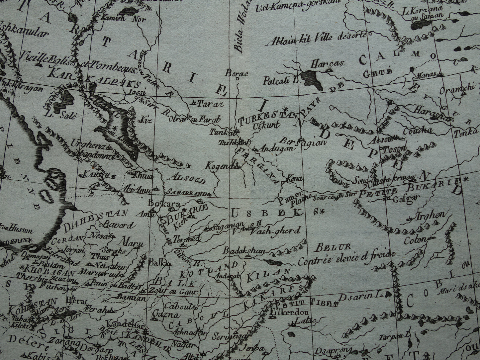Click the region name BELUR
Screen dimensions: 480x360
[x=329, y=247]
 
